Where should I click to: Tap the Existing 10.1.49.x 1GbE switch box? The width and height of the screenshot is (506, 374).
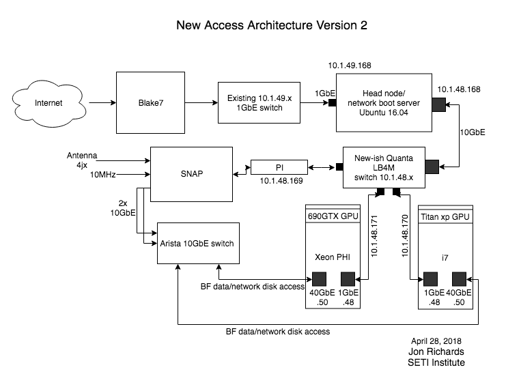259,103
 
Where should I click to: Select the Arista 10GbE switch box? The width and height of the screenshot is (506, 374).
197,244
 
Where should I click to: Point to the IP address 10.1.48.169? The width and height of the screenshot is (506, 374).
280,183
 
